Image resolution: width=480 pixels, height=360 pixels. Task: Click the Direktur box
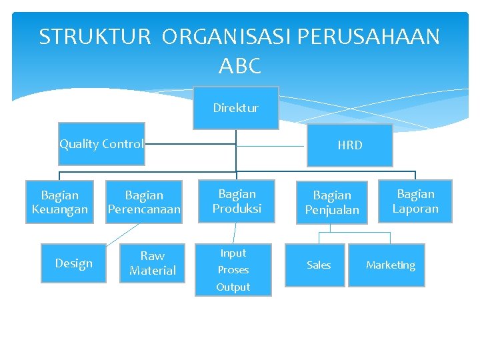point(235,108)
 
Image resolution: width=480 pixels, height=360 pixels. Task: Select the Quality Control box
point(101,144)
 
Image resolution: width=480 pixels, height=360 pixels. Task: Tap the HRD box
point(350,145)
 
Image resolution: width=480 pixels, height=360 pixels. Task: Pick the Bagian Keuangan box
point(59,202)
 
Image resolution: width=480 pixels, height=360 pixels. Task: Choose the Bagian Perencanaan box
point(144,202)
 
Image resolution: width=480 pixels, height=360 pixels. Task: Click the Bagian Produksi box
point(237,201)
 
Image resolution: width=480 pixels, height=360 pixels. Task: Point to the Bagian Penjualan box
point(332,202)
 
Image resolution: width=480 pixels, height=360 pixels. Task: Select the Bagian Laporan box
point(415,201)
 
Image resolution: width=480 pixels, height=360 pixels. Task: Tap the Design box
point(73,263)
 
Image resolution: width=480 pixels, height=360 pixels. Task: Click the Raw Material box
point(153,263)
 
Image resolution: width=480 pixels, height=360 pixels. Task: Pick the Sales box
point(319,265)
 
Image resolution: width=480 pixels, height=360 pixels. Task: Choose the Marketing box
point(390,265)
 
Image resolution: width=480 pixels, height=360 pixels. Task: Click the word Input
point(233,253)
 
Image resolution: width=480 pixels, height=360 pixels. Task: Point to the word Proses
point(233,270)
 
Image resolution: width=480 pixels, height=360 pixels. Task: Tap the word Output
point(233,287)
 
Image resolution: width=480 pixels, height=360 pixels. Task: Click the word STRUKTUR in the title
point(95,37)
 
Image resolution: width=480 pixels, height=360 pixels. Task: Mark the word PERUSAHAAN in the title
point(369,37)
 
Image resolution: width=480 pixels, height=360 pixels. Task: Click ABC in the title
point(239,66)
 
